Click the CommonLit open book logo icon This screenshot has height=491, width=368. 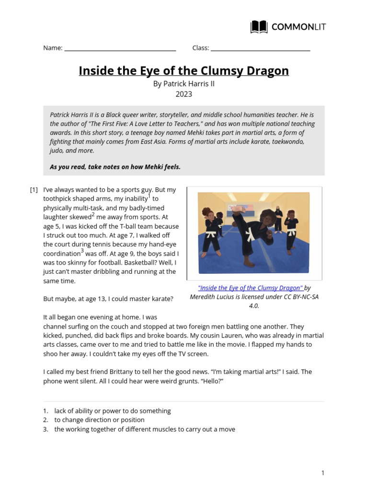[259, 27]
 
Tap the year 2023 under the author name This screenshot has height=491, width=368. [184, 94]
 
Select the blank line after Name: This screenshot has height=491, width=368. [120, 48]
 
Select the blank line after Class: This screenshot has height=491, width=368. [260, 48]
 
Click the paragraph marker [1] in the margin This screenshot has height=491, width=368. [34, 190]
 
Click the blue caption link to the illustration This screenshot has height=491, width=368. [251, 288]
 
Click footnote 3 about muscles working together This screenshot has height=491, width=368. [144, 429]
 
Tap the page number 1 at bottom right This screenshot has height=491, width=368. [322, 473]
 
